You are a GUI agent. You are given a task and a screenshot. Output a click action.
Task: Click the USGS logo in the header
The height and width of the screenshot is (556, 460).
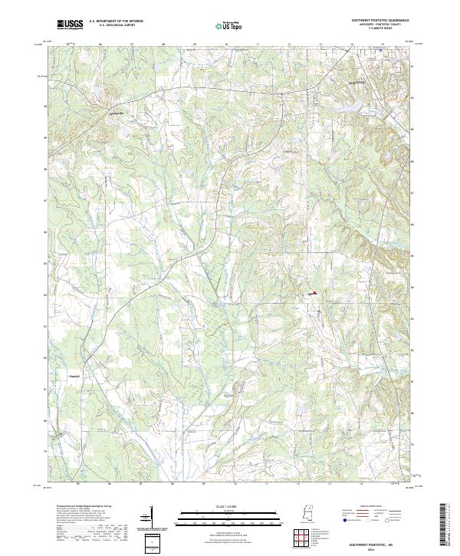coord(69,25)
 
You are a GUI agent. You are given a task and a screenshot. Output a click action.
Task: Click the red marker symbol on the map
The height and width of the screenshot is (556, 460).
coord(315,291)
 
